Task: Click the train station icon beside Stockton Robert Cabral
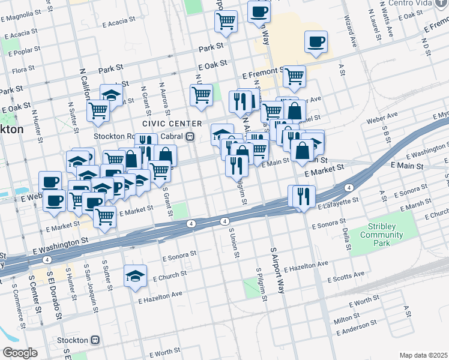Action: click(x=190, y=136)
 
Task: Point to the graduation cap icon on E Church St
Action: click(x=135, y=275)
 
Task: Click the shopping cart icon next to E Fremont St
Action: click(x=294, y=76)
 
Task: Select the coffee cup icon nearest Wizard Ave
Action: click(x=316, y=41)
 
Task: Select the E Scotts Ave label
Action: click(x=346, y=277)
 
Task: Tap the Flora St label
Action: click(x=23, y=70)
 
